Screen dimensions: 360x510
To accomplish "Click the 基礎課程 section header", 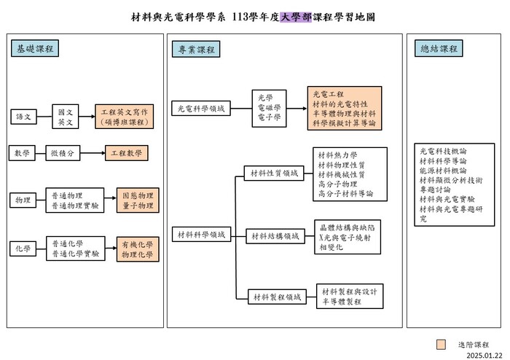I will pyautogui.click(x=35, y=49).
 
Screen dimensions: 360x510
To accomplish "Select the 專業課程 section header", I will pyautogui.click(x=196, y=49).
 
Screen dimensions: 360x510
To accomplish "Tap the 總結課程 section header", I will pyautogui.click(x=439, y=49).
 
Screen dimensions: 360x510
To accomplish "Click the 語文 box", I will pyautogui.click(x=23, y=117).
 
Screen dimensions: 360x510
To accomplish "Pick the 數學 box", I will pyautogui.click(x=21, y=153).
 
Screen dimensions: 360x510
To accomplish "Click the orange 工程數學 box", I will pyautogui.click(x=126, y=153).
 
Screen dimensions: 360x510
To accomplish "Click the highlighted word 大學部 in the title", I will pyautogui.click(x=295, y=16).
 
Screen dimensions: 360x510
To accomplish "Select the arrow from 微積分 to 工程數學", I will pyautogui.click(x=90, y=153).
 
